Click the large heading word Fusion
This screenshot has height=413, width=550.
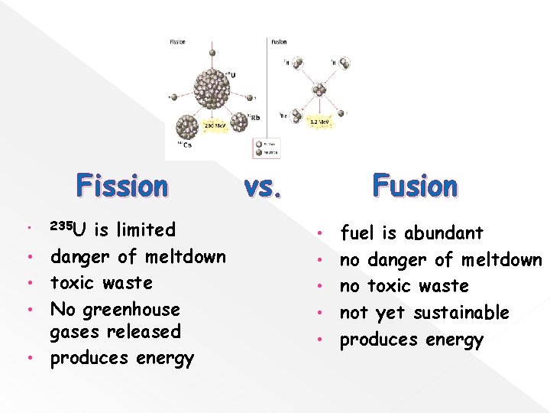(x=415, y=187)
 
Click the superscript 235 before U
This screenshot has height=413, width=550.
(x=60, y=226)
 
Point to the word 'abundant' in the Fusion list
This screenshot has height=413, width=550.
(x=444, y=233)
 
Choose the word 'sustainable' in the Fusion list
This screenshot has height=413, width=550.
(x=461, y=313)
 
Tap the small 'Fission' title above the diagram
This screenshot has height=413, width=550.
(x=176, y=41)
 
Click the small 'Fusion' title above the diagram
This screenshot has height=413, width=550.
(x=280, y=41)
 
